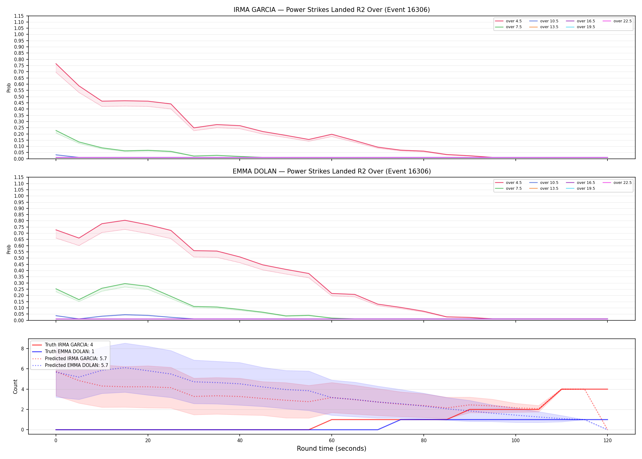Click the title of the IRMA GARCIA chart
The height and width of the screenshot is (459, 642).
tap(332, 10)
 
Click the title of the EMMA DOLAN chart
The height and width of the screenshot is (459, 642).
tap(332, 171)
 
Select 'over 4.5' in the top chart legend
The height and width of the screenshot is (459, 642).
tap(514, 21)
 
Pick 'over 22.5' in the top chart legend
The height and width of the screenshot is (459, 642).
tap(622, 21)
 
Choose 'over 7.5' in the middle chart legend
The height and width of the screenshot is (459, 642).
tap(514, 188)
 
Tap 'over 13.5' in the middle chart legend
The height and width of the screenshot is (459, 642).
tap(549, 188)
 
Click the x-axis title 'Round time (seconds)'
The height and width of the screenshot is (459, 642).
tap(331, 449)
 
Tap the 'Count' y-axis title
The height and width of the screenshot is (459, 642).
tap(15, 386)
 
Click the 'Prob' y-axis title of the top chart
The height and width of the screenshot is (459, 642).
tap(9, 88)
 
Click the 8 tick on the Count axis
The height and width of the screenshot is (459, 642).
tap(22, 349)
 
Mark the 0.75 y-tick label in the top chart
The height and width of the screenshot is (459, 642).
tap(19, 65)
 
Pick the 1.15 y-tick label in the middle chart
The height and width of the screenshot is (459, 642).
tap(19, 177)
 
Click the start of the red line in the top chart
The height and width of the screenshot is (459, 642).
tap(56, 64)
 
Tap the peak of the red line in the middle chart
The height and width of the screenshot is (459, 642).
tap(125, 220)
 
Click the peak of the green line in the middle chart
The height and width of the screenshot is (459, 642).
tap(125, 284)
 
